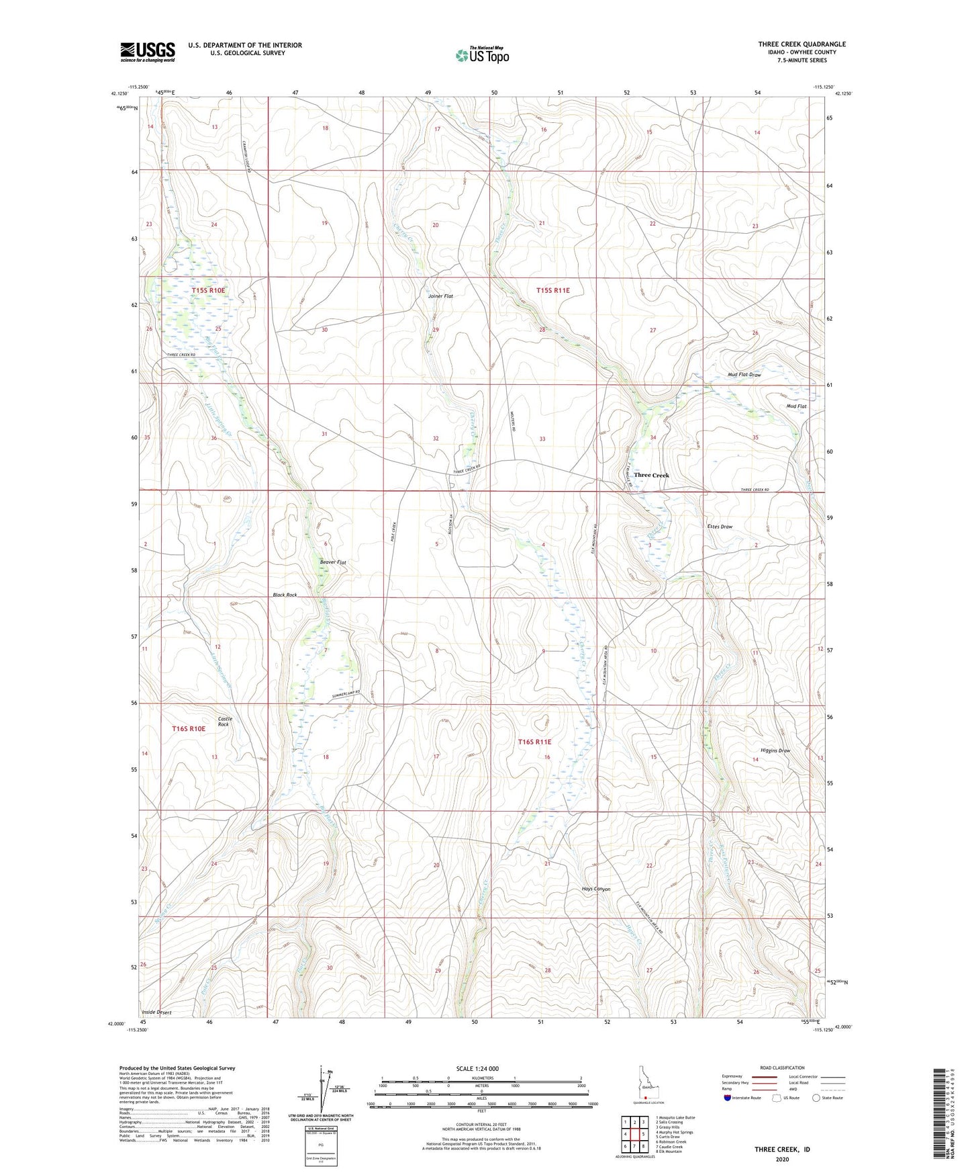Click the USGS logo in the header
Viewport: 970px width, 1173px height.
click(x=148, y=52)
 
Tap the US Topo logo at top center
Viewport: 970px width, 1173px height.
click(x=482, y=55)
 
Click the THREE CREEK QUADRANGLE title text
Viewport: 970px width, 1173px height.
click(x=802, y=44)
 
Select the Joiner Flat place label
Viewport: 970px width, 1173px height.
click(x=440, y=296)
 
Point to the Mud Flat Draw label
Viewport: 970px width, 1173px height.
click(x=744, y=375)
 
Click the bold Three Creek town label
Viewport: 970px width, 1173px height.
click(x=651, y=475)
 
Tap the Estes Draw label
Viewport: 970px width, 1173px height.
click(x=720, y=527)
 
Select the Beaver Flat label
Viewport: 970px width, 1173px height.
click(x=333, y=562)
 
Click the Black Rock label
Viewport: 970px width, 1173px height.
click(x=285, y=595)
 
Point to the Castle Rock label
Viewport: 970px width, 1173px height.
click(x=224, y=722)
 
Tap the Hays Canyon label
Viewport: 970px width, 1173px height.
click(x=596, y=889)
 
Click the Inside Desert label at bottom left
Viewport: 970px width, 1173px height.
click(x=156, y=1012)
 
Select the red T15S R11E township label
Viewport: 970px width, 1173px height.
click(x=552, y=290)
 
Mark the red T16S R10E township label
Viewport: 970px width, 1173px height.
click(x=188, y=728)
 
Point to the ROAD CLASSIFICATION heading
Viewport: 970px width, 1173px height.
click(x=782, y=1068)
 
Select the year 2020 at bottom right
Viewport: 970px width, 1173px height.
click(x=782, y=1159)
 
